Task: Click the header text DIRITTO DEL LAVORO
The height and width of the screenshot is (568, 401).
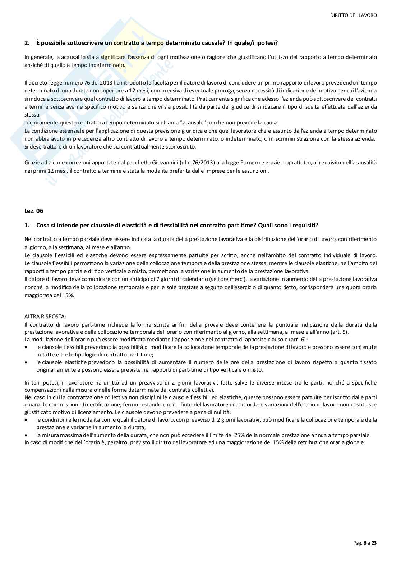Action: point(353,15)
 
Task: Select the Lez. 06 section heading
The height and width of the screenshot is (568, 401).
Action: point(34,211)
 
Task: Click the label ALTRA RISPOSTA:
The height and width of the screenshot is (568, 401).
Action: point(45,317)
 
